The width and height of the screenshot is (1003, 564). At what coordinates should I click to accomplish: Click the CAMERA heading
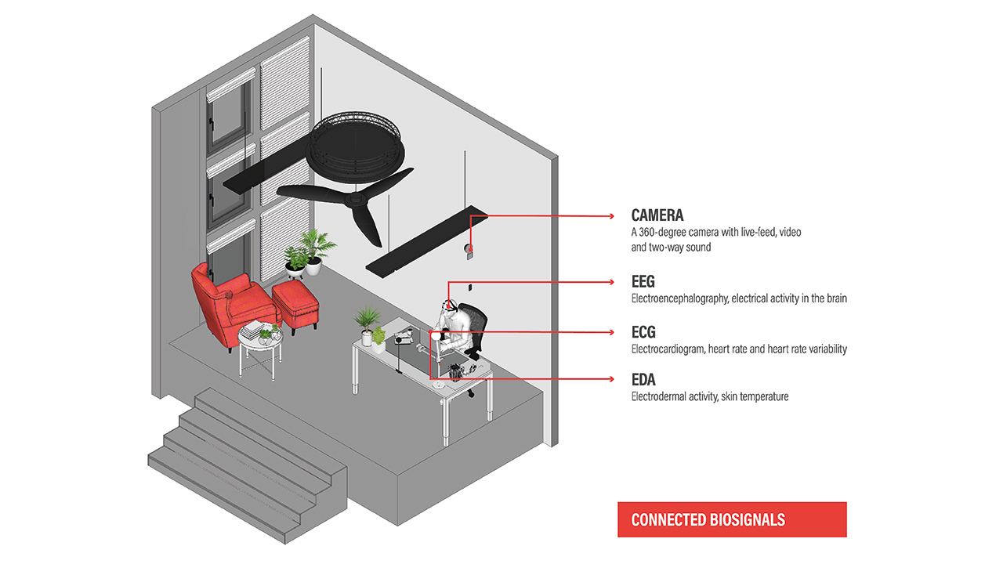click(x=657, y=215)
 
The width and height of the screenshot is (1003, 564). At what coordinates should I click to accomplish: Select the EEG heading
click(x=643, y=281)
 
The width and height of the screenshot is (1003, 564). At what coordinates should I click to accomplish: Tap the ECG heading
click(x=643, y=332)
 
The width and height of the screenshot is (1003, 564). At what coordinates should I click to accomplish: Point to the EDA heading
click(x=643, y=380)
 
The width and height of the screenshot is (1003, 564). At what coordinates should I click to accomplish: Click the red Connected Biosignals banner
click(x=732, y=519)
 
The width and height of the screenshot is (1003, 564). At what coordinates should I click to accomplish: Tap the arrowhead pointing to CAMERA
click(x=612, y=216)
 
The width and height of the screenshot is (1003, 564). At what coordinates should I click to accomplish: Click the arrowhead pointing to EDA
click(x=612, y=379)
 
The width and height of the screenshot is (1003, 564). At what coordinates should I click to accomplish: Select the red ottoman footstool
click(x=295, y=305)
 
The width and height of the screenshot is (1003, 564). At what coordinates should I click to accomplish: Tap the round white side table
click(x=261, y=350)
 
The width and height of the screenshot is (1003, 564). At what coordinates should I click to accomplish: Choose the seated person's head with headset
click(x=449, y=306)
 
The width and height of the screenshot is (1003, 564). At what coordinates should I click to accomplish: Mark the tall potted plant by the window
click(x=316, y=251)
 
